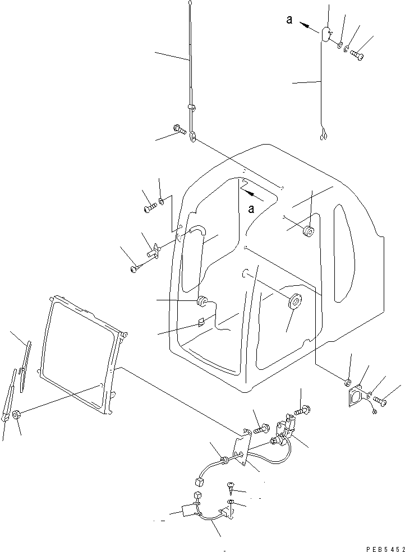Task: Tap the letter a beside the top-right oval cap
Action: pos(289,20)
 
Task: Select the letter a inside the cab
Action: pos(252,208)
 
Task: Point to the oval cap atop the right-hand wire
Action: pos(326,34)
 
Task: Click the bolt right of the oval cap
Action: pos(357,55)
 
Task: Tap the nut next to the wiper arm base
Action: pos(16,415)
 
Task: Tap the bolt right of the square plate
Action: pos(381,401)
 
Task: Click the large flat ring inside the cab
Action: pos(294,301)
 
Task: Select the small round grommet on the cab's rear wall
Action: pos(308,232)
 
